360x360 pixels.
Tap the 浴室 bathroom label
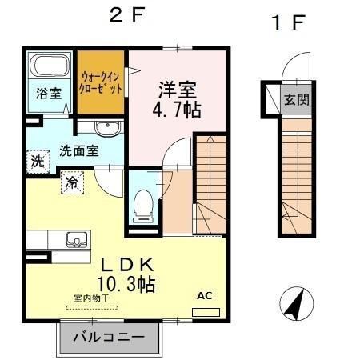point(48,93)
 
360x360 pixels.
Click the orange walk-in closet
point(101,83)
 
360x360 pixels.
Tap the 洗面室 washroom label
point(79,150)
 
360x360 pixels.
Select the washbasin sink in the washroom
point(107,129)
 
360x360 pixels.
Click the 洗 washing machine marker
point(37,161)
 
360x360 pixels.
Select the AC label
point(205,296)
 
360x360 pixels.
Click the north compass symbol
point(294,302)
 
